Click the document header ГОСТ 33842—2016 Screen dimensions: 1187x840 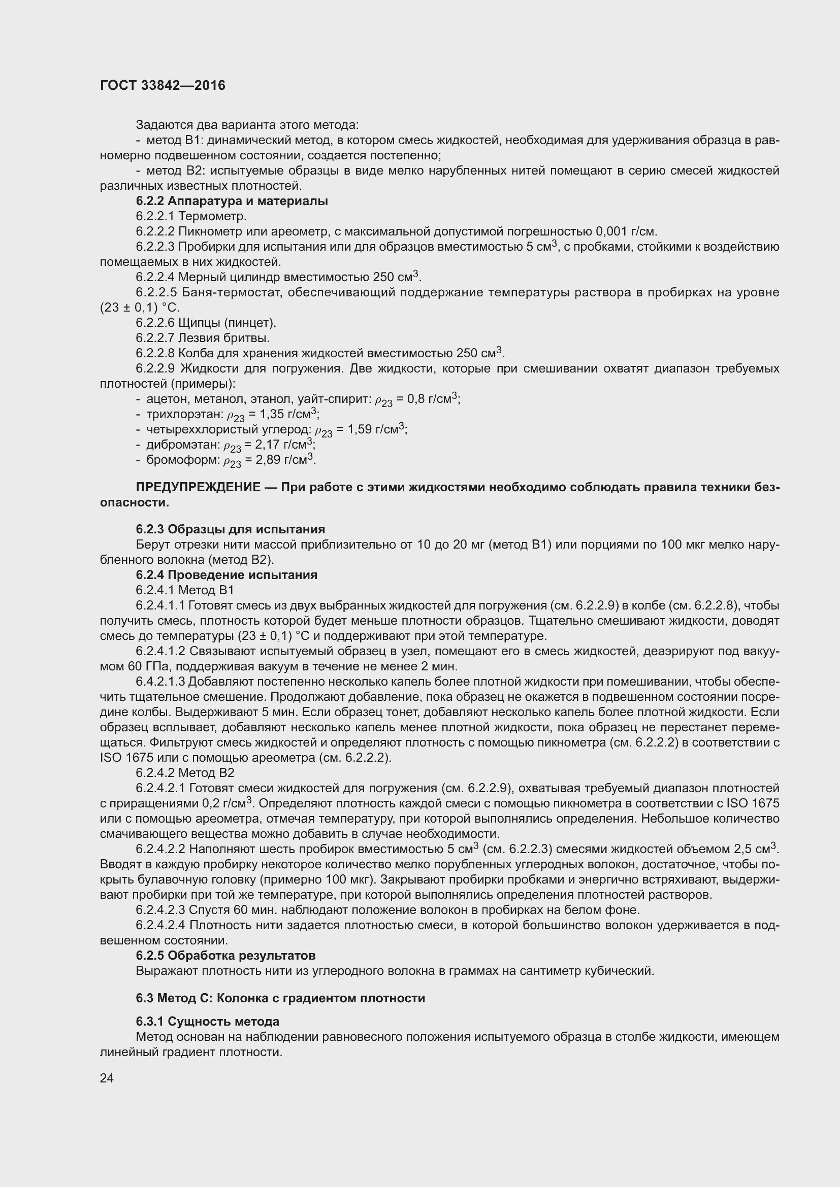pos(163,85)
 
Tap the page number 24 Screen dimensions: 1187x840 pos(107,1078)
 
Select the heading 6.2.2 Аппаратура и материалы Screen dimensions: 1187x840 pos(232,201)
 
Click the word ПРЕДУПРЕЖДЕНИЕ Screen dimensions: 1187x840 pos(198,488)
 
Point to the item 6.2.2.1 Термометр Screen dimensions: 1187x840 pos(191,216)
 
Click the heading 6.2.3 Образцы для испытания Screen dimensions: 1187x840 pos(230,529)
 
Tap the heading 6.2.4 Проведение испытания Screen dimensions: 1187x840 pos(227,575)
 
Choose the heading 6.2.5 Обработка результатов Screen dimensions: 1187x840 pos(225,956)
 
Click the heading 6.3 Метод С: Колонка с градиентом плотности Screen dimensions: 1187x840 pos(280,998)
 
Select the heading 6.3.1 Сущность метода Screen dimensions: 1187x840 pos(207,1022)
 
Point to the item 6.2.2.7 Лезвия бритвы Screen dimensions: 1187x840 pos(203,338)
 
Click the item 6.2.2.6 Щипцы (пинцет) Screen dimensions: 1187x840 pos(206,323)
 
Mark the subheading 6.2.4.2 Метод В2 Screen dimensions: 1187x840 pos(185,773)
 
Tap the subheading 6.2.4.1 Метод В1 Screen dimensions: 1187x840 pos(185,590)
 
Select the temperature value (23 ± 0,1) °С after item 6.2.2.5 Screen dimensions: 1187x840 pos(140,308)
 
